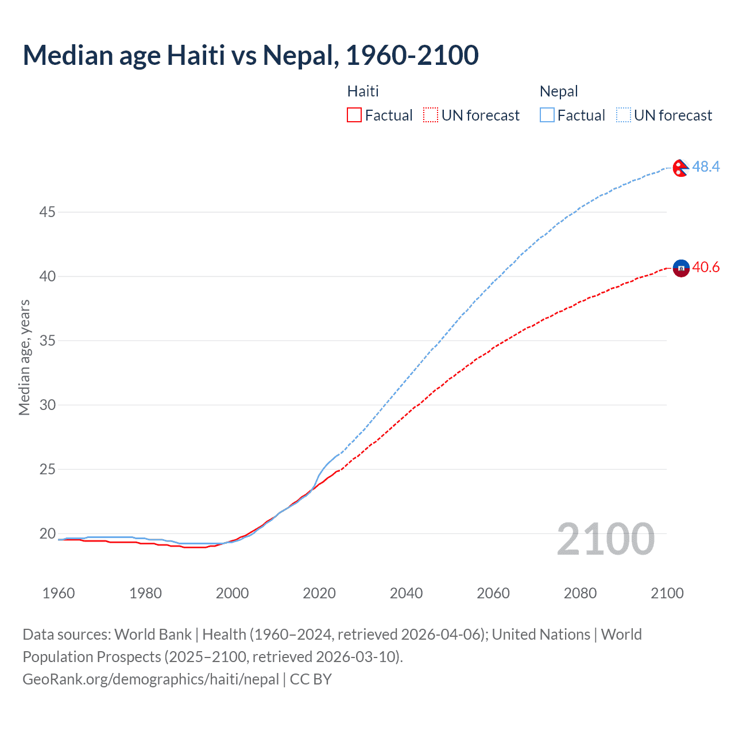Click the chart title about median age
tap(250, 55)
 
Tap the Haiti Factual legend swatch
tap(354, 115)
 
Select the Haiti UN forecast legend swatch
tap(431, 115)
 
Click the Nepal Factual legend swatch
tap(547, 115)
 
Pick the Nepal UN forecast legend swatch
tap(624, 115)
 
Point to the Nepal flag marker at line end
tap(680, 168)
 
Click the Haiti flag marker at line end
tap(681, 268)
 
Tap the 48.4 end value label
tap(706, 167)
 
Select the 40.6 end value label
tap(706, 268)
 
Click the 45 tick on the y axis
tap(47, 212)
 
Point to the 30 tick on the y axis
tap(47, 405)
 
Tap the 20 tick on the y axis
tap(47, 534)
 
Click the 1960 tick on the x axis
tap(59, 593)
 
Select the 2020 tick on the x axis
tap(319, 593)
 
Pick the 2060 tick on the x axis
tap(493, 593)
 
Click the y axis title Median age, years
tap(24, 357)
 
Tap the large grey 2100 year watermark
tap(605, 539)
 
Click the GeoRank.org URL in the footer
tap(150, 679)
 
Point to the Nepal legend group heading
tap(559, 91)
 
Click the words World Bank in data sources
tap(153, 635)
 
